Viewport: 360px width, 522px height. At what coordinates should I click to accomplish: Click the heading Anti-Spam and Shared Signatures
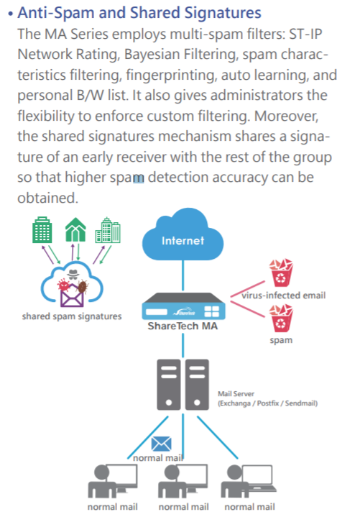139,13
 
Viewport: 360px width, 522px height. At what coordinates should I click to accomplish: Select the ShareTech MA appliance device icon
183,307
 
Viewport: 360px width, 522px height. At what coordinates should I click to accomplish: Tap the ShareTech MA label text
183,328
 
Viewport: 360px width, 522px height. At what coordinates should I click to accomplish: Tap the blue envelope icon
162,443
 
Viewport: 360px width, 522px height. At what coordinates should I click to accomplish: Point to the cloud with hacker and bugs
72,283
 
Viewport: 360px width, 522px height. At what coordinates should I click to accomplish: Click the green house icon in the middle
73,229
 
